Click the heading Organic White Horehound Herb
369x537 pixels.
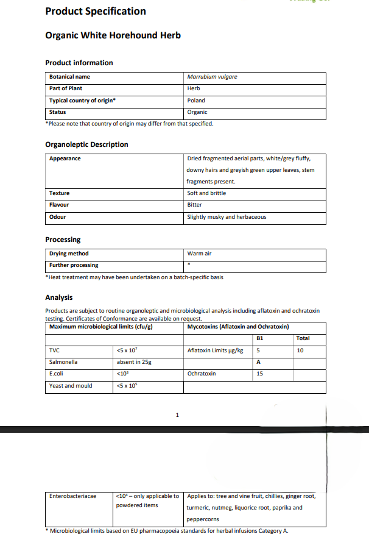[x=113, y=35]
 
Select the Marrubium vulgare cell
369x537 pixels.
[x=212, y=77]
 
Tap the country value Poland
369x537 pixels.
[x=196, y=101]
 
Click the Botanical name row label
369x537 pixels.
[x=69, y=77]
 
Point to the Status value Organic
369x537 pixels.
[x=197, y=112]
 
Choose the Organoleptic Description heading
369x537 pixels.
[x=86, y=144]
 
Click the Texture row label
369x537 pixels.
[x=59, y=193]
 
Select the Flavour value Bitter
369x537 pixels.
[x=194, y=205]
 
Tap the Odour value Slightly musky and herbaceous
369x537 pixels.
[x=227, y=217]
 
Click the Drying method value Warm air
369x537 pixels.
[x=199, y=254]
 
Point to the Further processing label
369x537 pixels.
[x=73, y=265]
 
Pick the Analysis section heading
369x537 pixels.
[x=59, y=297]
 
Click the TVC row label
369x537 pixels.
[x=54, y=350]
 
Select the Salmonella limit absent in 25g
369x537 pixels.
[x=133, y=362]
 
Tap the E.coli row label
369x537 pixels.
[x=57, y=374]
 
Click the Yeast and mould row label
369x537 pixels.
[x=71, y=386]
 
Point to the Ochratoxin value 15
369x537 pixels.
[x=260, y=374]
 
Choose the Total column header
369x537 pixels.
[x=303, y=338]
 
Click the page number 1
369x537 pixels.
[x=177, y=416]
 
